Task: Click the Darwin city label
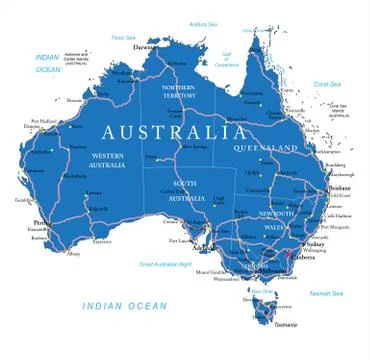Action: [x=146, y=46]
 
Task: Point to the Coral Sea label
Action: [x=328, y=84]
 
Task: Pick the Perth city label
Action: [x=40, y=222]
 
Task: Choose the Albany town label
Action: [x=71, y=254]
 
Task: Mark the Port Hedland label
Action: [x=31, y=121]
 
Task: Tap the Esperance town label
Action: [x=102, y=241]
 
